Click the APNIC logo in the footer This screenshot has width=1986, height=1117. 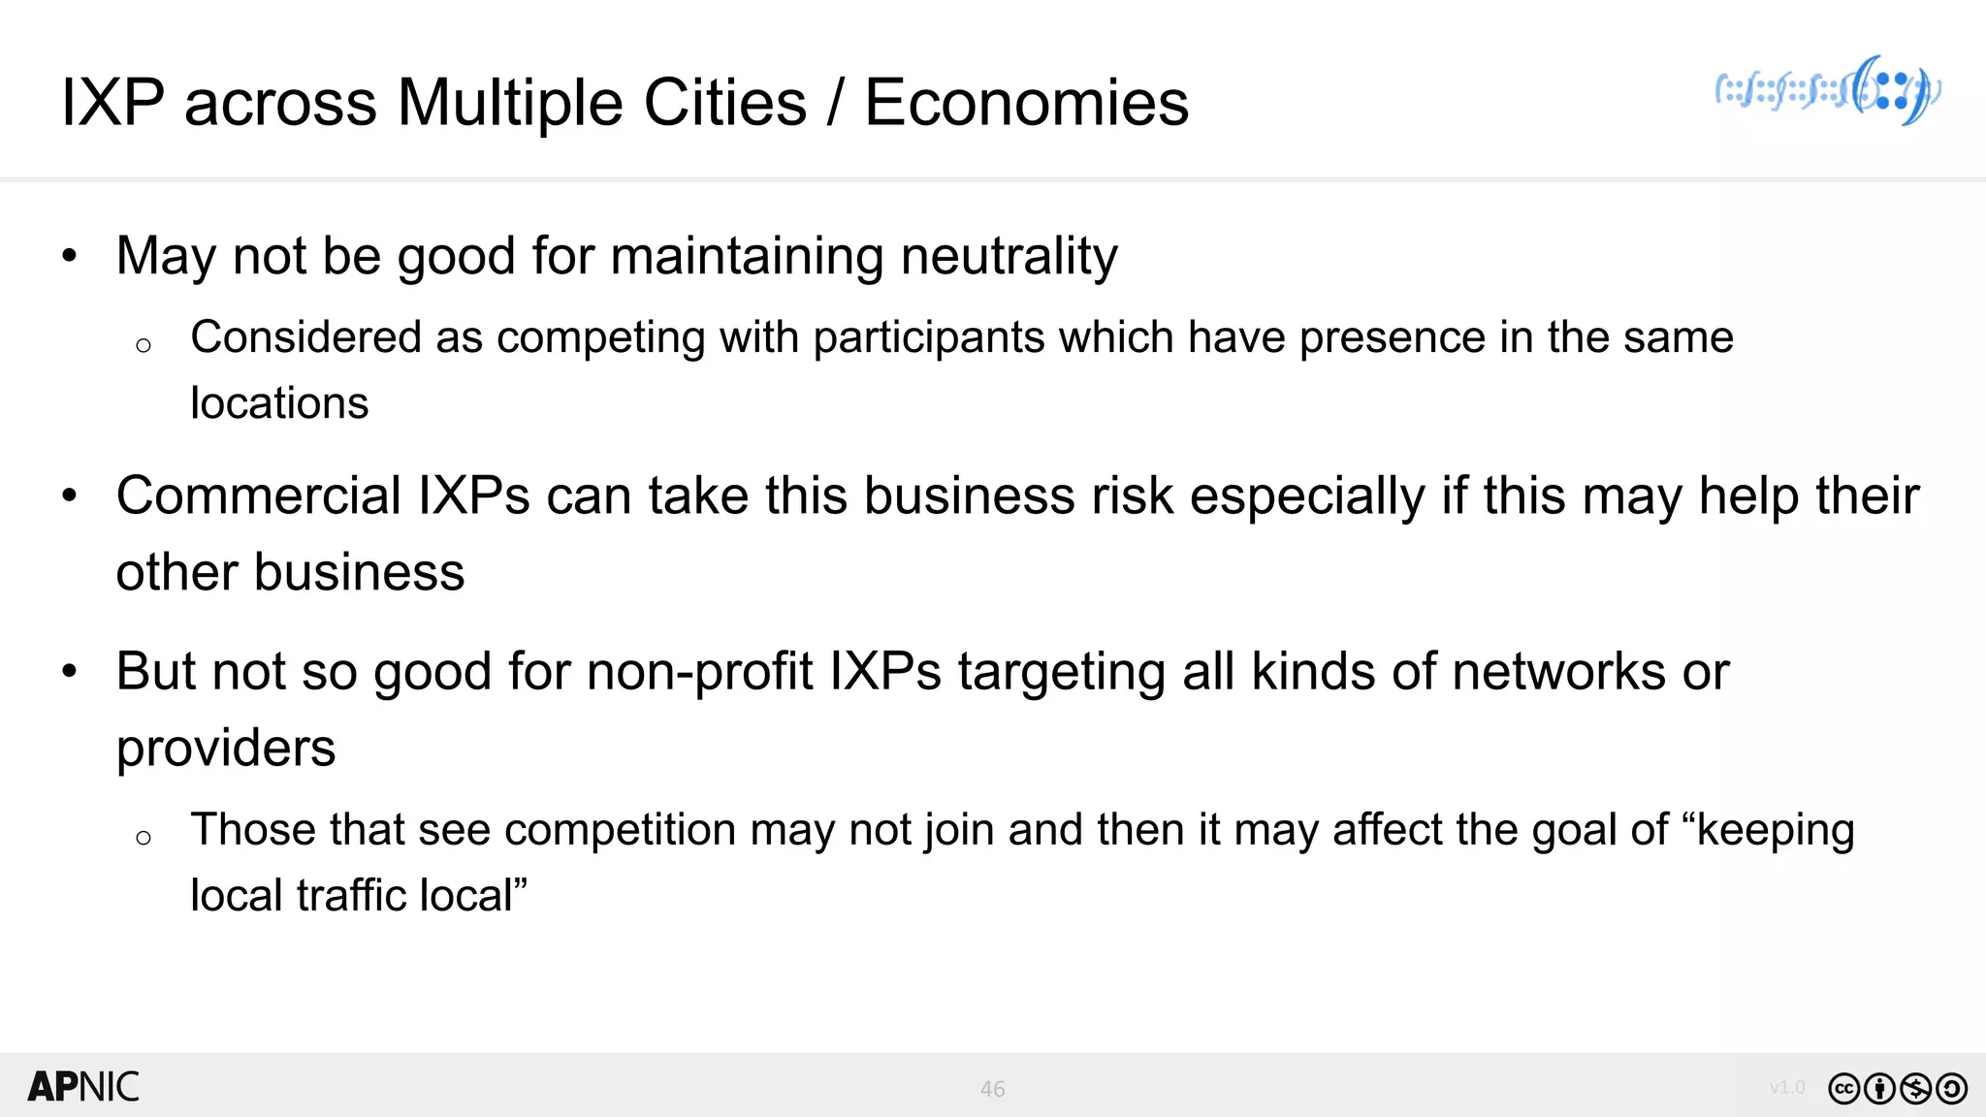[83, 1087]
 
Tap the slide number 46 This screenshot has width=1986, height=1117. [992, 1089]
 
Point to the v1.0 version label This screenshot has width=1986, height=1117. [1787, 1088]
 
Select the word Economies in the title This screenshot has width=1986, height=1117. [1026, 103]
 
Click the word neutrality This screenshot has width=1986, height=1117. [1009, 257]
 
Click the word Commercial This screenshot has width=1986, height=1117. [259, 496]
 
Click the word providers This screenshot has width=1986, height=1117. [226, 749]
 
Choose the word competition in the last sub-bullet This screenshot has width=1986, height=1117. [620, 830]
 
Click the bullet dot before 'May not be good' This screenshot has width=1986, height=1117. [69, 257]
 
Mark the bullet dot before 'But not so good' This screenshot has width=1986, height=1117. [69, 672]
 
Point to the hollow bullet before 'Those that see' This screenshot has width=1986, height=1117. [144, 838]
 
